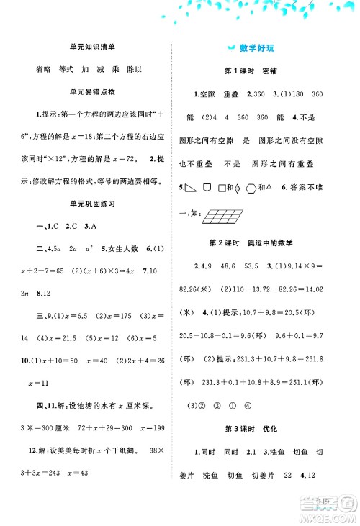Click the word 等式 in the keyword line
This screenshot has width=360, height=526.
click(68, 70)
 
